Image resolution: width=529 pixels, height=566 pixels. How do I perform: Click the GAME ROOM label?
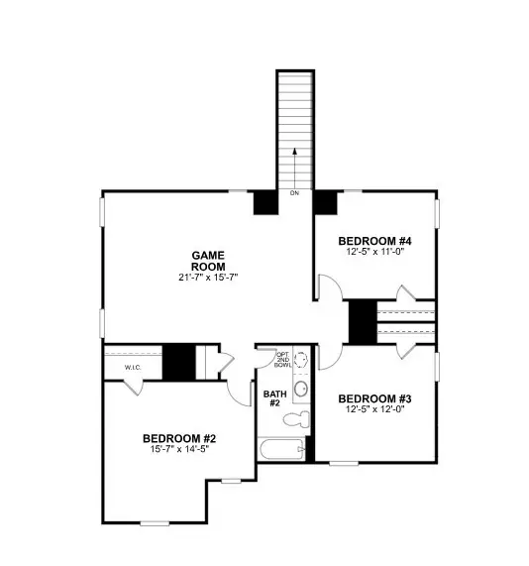tap(209, 261)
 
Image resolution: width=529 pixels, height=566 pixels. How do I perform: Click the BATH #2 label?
tap(273, 398)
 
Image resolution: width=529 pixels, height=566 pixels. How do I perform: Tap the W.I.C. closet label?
tap(134, 368)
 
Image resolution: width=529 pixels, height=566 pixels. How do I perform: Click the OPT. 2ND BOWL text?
tap(282, 360)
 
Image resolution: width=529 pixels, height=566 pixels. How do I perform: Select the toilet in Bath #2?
tap(294, 421)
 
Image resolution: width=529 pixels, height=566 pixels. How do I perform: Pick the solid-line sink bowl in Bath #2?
tap(302, 387)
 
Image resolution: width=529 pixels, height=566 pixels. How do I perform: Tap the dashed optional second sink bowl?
tap(302, 359)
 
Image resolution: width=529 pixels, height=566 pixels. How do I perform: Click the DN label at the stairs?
tap(294, 192)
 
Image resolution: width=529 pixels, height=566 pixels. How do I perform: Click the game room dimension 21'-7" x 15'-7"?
tap(209, 278)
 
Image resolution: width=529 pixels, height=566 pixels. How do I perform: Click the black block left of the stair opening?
tap(265, 201)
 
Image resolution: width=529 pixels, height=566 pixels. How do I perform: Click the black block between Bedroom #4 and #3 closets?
tap(363, 321)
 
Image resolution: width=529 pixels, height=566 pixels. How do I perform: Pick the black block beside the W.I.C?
tap(178, 360)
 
